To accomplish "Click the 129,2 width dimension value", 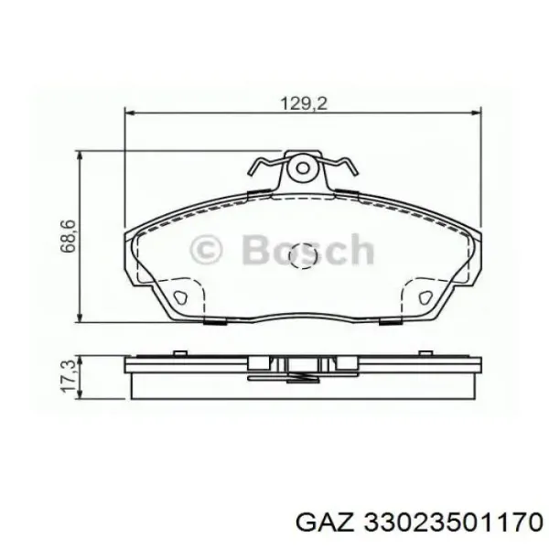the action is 304,103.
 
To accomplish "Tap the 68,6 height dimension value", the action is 68,236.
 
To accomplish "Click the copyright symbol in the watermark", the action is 206,250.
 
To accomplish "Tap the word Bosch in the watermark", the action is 308,249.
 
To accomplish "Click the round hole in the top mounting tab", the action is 303,168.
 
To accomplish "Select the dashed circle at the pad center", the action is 303,256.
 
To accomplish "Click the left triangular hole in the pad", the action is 180,297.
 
